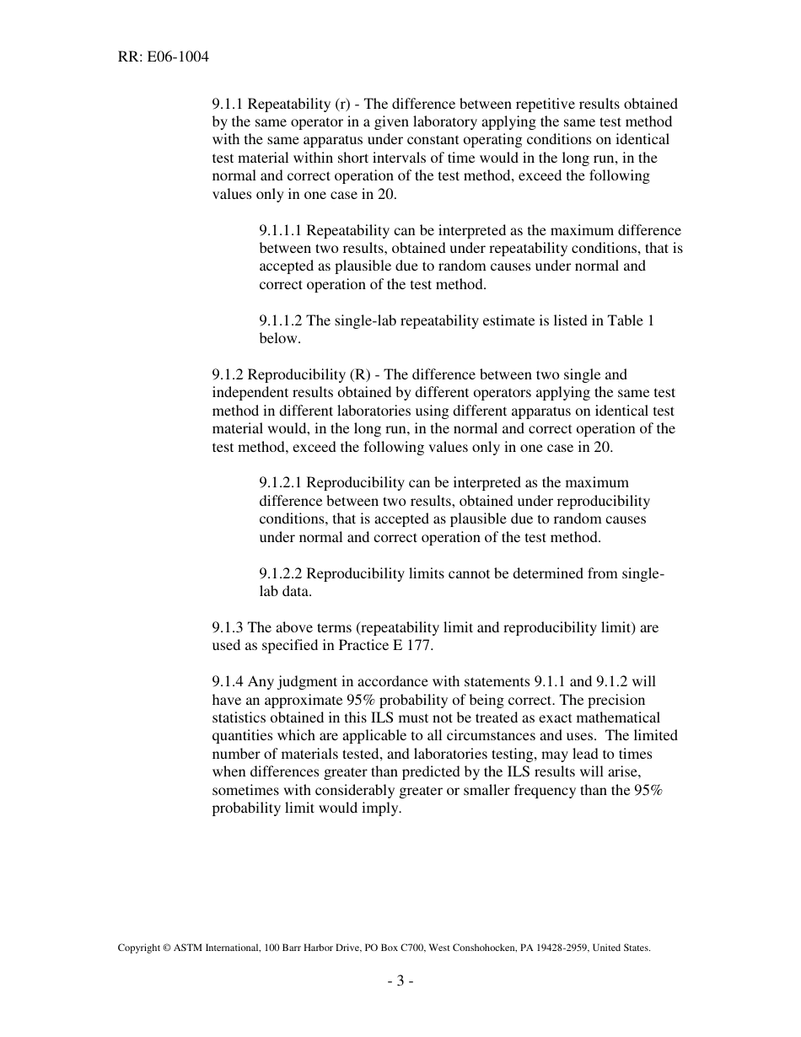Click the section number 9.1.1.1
pos(281,230)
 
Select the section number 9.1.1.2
pos(281,320)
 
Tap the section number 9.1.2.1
pos(281,482)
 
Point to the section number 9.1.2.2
pos(281,573)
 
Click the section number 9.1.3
pos(228,627)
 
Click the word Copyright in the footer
pos(138,948)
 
